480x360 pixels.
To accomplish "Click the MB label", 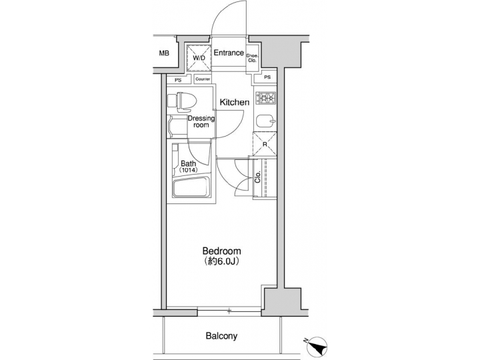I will (164, 53).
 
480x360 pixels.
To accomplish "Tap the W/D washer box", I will (199, 57).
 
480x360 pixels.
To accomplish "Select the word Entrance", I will (228, 52).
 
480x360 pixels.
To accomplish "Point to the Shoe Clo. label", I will (253, 58).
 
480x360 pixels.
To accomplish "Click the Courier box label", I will (203, 79).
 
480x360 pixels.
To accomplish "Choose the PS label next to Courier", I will (177, 79).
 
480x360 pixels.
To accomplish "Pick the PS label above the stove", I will (267, 78).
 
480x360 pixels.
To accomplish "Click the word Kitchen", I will (234, 102).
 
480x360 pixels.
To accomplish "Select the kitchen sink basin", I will (265, 121).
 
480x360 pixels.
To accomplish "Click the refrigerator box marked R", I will (265, 143).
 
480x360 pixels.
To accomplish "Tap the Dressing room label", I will (201, 121).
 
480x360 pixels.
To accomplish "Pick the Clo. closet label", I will (258, 178).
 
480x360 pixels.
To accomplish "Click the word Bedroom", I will (221, 251).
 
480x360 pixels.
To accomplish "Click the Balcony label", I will (221, 336).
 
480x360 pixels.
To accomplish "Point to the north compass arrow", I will (319, 345).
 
